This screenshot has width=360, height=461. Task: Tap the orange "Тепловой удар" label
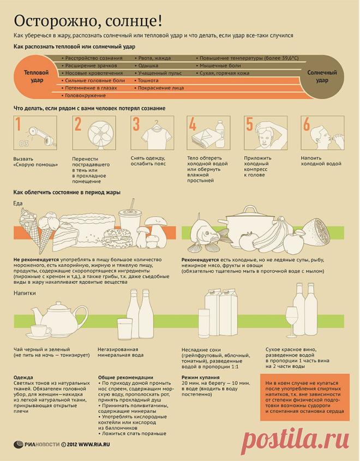click(x=36, y=76)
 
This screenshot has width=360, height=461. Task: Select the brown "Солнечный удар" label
click(x=322, y=76)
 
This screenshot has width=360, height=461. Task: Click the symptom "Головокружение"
click(x=85, y=95)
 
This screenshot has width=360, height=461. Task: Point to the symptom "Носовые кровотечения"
click(x=94, y=73)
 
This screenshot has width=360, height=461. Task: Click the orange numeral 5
click(x=249, y=124)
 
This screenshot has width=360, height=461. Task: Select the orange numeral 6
click(x=307, y=124)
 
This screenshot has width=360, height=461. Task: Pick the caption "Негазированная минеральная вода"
click(x=121, y=352)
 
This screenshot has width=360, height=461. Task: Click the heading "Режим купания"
click(x=201, y=377)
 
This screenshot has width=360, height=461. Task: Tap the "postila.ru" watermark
click(x=295, y=440)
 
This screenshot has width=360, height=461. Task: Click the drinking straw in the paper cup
click(x=131, y=204)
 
